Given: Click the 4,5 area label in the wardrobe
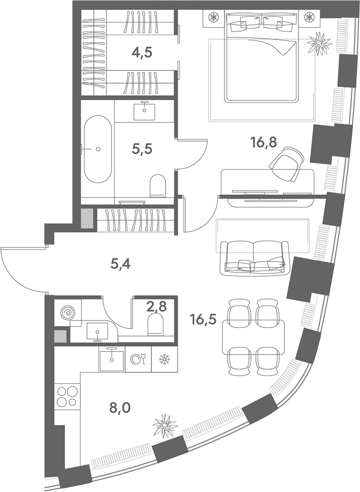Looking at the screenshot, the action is coord(142,52).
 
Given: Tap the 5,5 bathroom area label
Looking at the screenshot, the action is coord(142,149).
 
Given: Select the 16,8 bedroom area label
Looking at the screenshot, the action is coord(263,143).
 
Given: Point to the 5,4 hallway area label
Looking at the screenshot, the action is coord(120,264).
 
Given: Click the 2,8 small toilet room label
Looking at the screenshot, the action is coord(156,305).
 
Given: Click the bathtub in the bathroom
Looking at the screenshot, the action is coord(97,149).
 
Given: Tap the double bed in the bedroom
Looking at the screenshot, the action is coord(261,57).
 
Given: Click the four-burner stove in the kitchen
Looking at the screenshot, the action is coord(67,396).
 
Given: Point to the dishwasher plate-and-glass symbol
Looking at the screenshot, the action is coord(138,359).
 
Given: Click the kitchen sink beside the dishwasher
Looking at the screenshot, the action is coord(111,359).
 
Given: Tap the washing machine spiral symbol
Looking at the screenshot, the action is coord(67,312).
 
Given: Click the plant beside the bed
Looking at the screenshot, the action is coord(319,43).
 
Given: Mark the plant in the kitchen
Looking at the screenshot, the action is coord(165,425).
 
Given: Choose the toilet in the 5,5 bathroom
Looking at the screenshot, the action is coord(158,186).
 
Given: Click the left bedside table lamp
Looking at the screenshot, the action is coord(213,16).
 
